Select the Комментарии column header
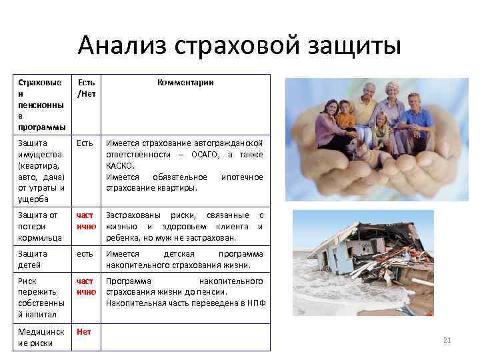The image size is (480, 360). click(x=185, y=83)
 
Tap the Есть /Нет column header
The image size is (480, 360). click(x=86, y=88)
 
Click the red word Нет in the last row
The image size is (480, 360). click(x=83, y=331)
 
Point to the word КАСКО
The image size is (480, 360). click(x=120, y=166)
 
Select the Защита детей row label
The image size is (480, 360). click(x=33, y=259)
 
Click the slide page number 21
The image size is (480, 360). click(x=447, y=341)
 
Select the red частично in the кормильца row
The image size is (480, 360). click(x=86, y=221)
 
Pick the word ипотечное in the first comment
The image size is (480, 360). click(x=241, y=177)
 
